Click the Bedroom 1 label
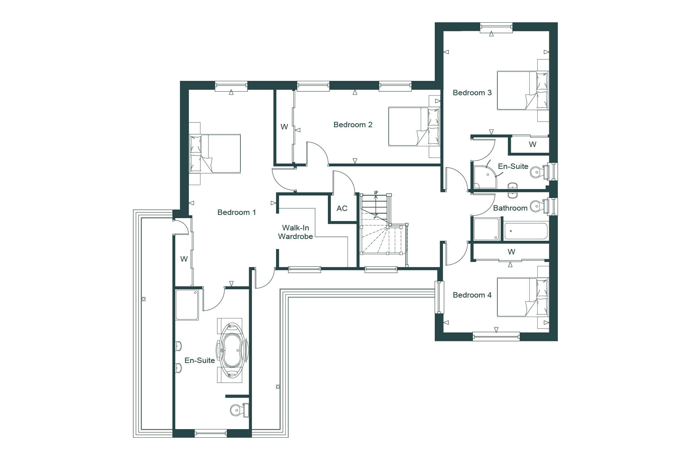pos(236,212)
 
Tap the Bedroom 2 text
pos(353,125)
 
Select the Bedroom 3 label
pos(472,93)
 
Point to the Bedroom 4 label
pos(472,295)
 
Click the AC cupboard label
pos(342,208)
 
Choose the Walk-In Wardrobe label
pos(295,232)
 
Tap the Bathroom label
pos(510,208)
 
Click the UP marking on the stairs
pos(376,193)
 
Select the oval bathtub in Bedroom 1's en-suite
pos(232,350)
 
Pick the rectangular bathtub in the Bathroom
pos(526,231)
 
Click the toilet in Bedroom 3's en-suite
pos(540,172)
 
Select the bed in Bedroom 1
pos(215,154)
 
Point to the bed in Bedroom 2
pos(414,126)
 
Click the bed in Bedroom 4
pos(523,297)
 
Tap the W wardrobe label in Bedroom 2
pos(284,126)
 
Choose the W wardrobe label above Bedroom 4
pos(511,252)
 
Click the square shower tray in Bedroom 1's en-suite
pos(187,305)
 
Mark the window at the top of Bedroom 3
pos(496,27)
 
